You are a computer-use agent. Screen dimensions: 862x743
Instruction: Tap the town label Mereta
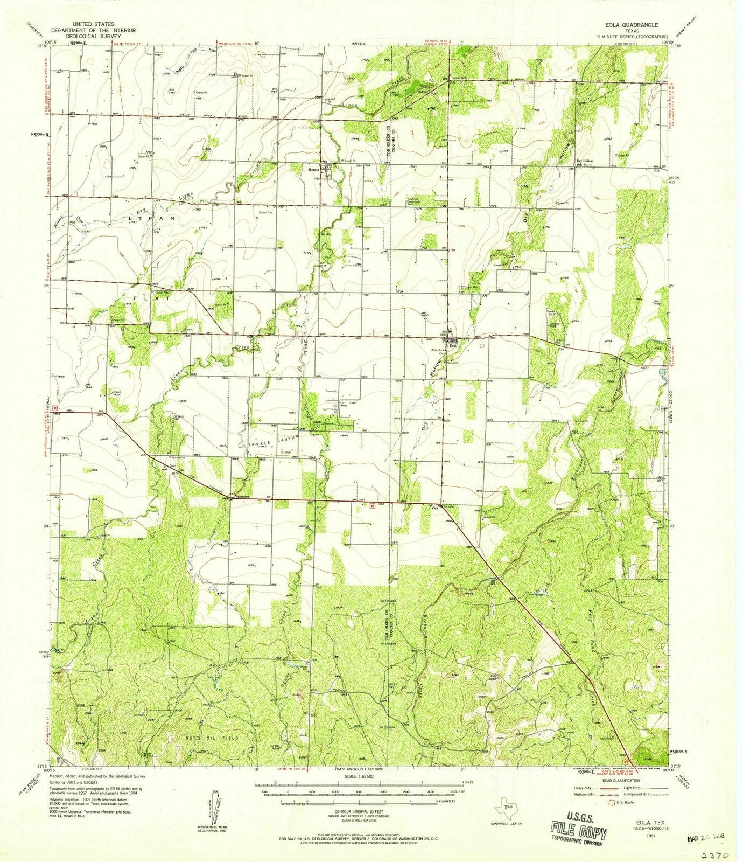pyautogui.click(x=314, y=168)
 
